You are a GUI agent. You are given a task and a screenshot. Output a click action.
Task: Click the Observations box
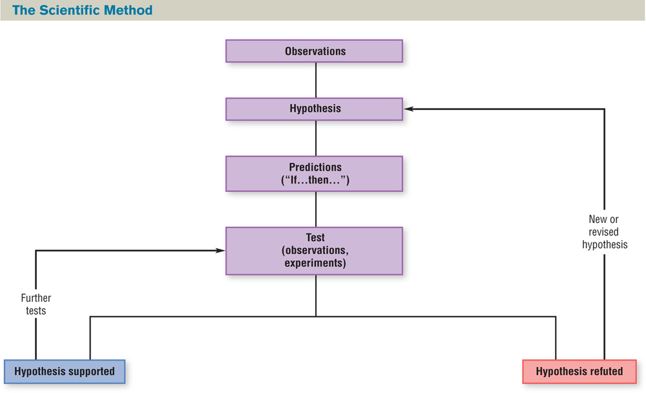(x=314, y=51)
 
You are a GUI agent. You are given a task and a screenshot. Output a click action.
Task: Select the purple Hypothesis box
(x=314, y=109)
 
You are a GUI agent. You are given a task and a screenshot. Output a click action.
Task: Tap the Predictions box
(x=314, y=173)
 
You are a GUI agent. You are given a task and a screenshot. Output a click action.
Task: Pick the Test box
(x=314, y=251)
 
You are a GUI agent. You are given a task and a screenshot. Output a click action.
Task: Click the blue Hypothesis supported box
(x=64, y=371)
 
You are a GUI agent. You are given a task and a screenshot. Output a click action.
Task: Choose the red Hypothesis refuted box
(x=579, y=371)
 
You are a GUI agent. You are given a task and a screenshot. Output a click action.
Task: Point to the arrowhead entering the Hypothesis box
(x=409, y=109)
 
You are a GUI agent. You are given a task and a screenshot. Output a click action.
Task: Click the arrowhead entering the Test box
(x=220, y=251)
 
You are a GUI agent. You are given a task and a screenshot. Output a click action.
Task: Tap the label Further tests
(x=36, y=304)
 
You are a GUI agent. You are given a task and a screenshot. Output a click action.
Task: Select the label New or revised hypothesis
(x=604, y=232)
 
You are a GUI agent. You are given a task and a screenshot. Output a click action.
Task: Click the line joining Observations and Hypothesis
(x=315, y=80)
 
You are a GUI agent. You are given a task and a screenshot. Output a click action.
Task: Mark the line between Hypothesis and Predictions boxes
(x=315, y=138)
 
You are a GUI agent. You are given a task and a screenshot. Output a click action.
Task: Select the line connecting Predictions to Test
(x=315, y=209)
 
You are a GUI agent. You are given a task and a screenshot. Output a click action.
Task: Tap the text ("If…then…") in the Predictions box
(x=315, y=180)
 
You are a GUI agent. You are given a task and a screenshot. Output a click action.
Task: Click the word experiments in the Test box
(x=314, y=263)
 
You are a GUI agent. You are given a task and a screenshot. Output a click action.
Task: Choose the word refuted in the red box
(x=606, y=371)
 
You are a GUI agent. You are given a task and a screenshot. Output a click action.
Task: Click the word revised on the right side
(x=604, y=232)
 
